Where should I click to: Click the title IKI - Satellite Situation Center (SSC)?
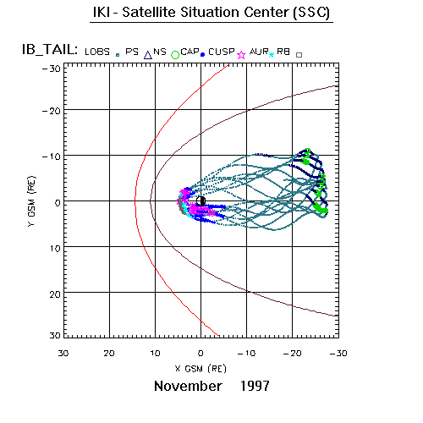pos(211,13)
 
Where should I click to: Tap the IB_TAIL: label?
pos(50,50)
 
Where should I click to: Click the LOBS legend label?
pos(97,52)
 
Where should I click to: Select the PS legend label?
pos(132,52)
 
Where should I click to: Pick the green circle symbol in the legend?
pos(175,55)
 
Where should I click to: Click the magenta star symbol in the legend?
pos(241,55)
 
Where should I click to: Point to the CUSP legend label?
pos(222,52)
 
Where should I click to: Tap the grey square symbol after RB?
pos(299,55)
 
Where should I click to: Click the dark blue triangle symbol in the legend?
pos(148,55)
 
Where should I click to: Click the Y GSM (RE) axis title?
pos(31,201)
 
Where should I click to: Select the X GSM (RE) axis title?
pos(201,369)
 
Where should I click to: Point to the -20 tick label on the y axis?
pos(52,111)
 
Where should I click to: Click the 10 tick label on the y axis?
pos(55,249)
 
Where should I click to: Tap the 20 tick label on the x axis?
pos(109,353)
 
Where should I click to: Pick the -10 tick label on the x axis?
pos(246,353)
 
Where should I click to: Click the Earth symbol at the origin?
pos(201,201)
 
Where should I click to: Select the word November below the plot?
pos(188,386)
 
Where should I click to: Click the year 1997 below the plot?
pos(255,386)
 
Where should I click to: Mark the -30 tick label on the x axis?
pos(338,353)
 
